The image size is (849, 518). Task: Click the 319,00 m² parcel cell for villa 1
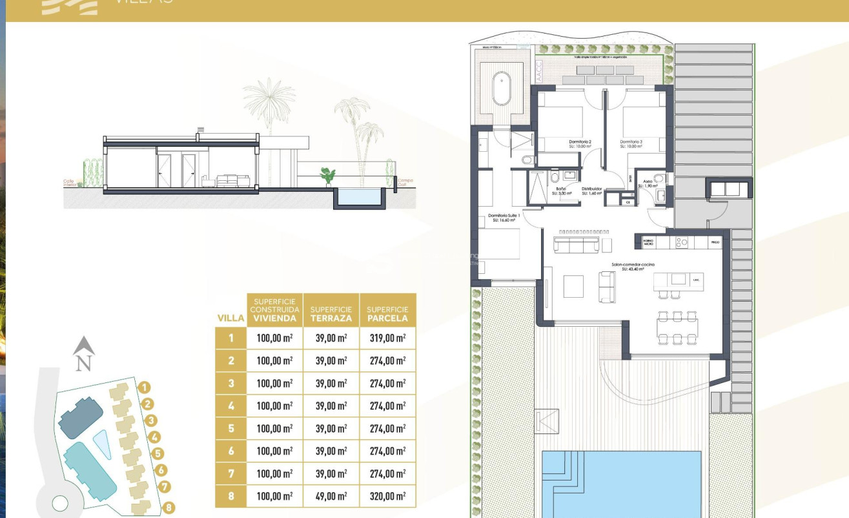387,338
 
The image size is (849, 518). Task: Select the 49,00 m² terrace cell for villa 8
331,496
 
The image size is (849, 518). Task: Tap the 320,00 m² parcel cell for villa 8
387,496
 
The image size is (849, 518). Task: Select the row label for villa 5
230,429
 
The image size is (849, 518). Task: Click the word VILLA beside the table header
230,318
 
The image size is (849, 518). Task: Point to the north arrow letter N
83,364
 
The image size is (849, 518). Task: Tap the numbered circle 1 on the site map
145,388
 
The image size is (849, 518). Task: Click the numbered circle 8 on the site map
169,508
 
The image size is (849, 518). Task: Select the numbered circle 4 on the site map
155,437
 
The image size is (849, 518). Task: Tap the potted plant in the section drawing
328,175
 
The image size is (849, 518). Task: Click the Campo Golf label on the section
405,183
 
